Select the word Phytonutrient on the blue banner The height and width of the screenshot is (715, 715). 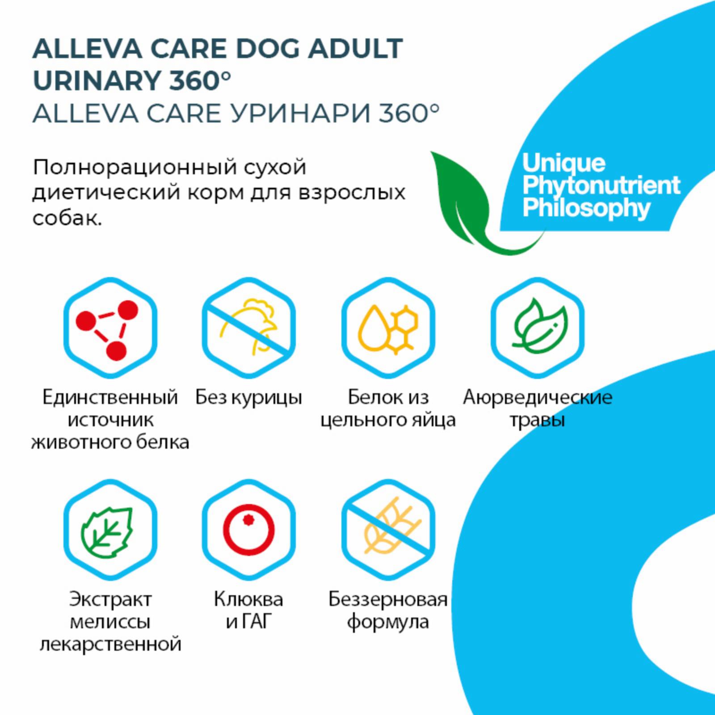601,186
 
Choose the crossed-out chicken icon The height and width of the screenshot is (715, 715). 248,328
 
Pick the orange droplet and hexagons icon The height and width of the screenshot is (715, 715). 388,328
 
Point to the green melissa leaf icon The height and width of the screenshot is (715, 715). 107,532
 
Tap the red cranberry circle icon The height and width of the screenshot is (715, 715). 248,531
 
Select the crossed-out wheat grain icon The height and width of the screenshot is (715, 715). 388,530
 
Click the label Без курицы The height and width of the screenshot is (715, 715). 248,397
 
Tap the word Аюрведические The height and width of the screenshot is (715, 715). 538,397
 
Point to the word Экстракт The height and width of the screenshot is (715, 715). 110,599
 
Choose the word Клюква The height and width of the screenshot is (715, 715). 248,599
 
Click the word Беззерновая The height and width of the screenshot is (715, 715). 388,599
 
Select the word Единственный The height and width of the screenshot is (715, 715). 110,397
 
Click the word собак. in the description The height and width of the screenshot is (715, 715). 67,218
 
